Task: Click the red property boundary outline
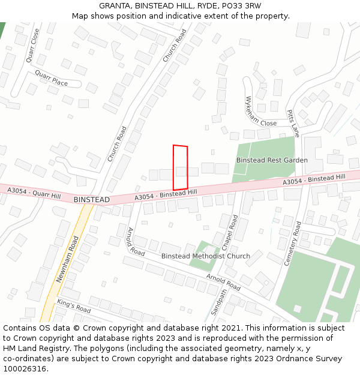tap(181, 168)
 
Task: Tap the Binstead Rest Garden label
tap(272, 160)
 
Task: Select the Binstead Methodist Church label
tap(206, 256)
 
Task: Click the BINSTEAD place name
tap(92, 199)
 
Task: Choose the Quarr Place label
tap(51, 78)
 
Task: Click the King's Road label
tap(74, 305)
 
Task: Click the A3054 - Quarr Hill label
tap(34, 193)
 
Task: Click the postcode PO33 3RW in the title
tap(240, 6)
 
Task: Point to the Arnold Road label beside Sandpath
tap(223, 281)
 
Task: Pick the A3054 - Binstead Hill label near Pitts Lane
tap(314, 179)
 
